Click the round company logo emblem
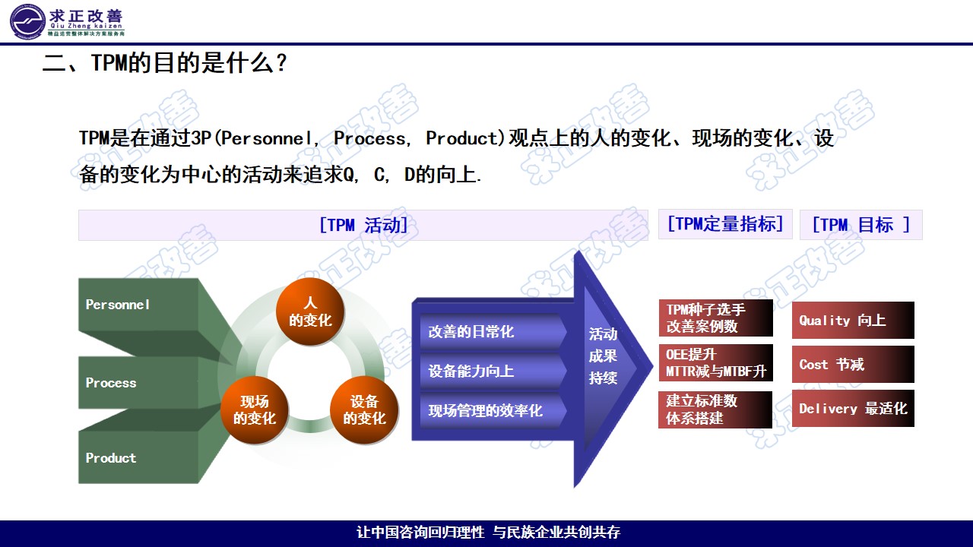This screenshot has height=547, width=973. [28, 21]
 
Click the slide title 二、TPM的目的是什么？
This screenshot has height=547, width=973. [164, 62]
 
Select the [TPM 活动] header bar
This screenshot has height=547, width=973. [363, 225]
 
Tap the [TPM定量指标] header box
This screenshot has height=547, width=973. [724, 224]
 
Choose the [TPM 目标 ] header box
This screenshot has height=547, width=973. [860, 225]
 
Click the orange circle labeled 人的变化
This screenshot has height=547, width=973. [309, 312]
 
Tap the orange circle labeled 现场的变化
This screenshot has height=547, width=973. [255, 410]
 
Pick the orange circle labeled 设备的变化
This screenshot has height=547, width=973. [364, 410]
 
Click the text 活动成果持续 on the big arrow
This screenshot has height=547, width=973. [603, 356]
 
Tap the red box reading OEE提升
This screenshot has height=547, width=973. [715, 363]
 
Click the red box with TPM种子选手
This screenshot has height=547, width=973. [715, 318]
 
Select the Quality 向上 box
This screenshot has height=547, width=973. [853, 321]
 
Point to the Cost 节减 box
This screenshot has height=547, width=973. [853, 365]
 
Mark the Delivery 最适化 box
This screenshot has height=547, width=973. [853, 409]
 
